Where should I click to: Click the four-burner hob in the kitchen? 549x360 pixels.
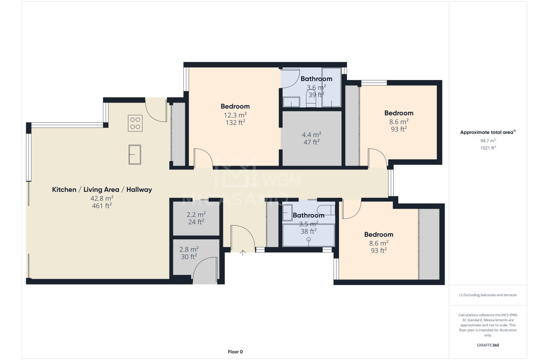(x=135, y=123)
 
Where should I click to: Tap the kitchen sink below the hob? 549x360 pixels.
(x=135, y=154)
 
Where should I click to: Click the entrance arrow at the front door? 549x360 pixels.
(x=243, y=253)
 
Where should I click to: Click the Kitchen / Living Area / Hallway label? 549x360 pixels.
(x=102, y=189)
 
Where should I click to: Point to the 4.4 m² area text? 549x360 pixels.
(x=311, y=135)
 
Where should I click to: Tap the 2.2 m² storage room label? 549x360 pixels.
(x=196, y=214)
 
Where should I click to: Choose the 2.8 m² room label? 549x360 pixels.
(x=189, y=249)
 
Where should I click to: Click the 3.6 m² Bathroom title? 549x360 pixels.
(x=316, y=78)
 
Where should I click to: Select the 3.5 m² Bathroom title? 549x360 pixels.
(x=309, y=215)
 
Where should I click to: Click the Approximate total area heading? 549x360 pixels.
(x=488, y=132)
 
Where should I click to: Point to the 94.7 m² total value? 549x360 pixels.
(x=488, y=141)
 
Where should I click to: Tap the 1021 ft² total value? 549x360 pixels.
(x=488, y=148)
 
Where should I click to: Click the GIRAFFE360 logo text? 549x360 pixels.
(x=488, y=345)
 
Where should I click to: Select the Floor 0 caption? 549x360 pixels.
(x=235, y=352)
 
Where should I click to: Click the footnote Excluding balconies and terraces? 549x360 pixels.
(x=488, y=295)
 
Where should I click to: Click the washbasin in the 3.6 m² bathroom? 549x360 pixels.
(x=291, y=102)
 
